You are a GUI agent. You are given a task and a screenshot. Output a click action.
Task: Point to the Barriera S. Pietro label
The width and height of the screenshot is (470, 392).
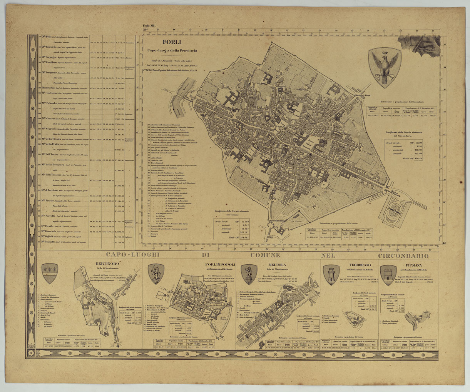point(364,95)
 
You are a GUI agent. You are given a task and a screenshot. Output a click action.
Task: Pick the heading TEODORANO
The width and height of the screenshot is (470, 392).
point(360,265)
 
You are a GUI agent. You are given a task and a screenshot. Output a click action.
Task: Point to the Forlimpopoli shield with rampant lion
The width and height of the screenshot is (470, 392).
point(156,274)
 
